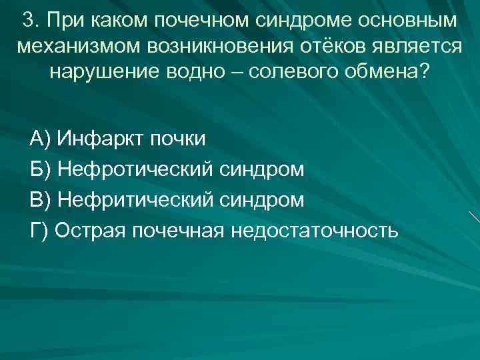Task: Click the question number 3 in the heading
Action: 27,20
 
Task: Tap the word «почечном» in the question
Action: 197,20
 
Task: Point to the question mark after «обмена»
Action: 425,71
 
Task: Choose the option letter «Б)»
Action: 41,169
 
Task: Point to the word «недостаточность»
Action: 314,231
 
